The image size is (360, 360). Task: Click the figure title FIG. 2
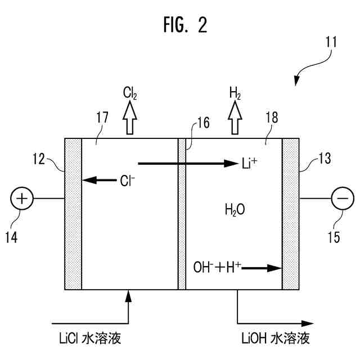[x=180, y=25]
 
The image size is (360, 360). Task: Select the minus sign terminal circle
[x=342, y=199]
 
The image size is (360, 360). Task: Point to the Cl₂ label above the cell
[x=130, y=92]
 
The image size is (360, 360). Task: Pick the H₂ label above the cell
[x=236, y=92]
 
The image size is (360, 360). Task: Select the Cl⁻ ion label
[x=127, y=181]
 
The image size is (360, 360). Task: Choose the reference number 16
[x=203, y=124]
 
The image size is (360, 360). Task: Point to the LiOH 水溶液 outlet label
[x=274, y=339]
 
